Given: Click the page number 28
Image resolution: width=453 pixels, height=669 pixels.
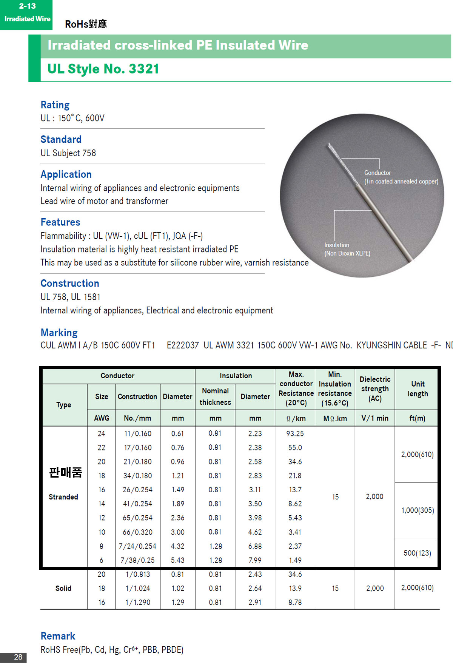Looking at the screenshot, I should pos(18,657).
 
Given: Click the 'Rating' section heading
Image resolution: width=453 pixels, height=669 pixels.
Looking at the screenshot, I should pos(55,105).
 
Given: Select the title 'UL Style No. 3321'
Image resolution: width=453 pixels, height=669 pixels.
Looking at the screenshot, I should pos(103,69).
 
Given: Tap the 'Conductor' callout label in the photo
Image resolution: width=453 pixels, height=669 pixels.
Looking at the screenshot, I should pos(377,173).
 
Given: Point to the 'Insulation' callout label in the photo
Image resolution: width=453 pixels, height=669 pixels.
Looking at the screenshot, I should pos(337,245).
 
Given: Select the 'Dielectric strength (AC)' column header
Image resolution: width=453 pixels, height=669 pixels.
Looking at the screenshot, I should pos(375,389).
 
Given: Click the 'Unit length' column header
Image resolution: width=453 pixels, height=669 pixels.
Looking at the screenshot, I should pos(418,389).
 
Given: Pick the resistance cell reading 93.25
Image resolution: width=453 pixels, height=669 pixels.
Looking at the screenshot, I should pos(295,433).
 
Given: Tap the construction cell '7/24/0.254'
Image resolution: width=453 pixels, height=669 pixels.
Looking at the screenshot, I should pos(137,546).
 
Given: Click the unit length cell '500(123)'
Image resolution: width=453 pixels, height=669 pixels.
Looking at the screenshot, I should pos(417,553).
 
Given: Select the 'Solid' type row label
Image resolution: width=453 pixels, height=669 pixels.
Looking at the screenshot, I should pos(63,588).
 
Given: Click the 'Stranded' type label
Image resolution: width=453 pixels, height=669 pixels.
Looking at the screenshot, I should pos(63,497).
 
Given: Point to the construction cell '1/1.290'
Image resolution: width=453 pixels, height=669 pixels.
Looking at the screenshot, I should pos(137,603).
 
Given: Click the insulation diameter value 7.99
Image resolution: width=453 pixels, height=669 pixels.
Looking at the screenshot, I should pos(255,560).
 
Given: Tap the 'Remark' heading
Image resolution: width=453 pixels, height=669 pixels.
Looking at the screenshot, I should pos(58,636).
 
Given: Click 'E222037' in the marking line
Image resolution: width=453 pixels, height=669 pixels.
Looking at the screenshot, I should pos(183,345).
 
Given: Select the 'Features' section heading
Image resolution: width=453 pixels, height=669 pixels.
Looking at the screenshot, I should pos(60,222).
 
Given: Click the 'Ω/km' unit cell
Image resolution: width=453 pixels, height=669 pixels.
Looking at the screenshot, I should pos(296,418).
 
